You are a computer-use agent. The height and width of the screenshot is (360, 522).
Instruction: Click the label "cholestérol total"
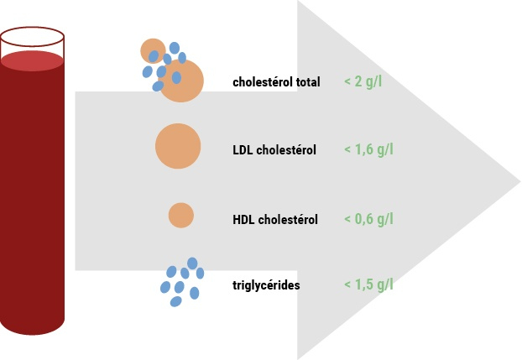[x=276, y=82]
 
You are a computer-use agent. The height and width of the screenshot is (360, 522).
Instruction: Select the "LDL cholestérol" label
[x=274, y=150]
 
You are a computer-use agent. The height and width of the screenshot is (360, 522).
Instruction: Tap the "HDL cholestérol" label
[x=275, y=220]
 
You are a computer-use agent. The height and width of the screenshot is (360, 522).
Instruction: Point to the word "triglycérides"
[x=266, y=285]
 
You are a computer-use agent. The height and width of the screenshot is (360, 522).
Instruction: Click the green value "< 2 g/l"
[x=363, y=81]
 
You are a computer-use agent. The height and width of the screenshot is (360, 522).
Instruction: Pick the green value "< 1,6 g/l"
[x=368, y=149]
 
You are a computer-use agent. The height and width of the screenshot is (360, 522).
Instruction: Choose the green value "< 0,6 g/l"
[x=368, y=219]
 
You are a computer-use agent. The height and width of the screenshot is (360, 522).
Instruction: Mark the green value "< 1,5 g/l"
[x=368, y=284]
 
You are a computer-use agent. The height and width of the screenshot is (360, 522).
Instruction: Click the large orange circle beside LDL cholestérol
[x=178, y=146]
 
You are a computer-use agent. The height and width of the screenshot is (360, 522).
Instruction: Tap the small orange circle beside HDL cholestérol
[x=181, y=215]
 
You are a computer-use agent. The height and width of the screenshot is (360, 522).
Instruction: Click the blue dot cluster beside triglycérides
[x=182, y=282]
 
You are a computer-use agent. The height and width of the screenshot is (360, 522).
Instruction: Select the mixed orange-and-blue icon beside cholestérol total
[x=172, y=70]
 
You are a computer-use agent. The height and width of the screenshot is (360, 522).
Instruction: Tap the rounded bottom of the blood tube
[x=32, y=329]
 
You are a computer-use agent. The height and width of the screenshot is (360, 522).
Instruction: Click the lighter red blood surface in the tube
[x=32, y=61]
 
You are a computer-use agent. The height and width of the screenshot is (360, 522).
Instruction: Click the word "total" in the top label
[x=308, y=82]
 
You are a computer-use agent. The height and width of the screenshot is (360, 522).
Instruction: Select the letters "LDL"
[x=243, y=150]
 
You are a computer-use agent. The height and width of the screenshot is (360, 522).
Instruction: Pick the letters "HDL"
[x=243, y=220]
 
